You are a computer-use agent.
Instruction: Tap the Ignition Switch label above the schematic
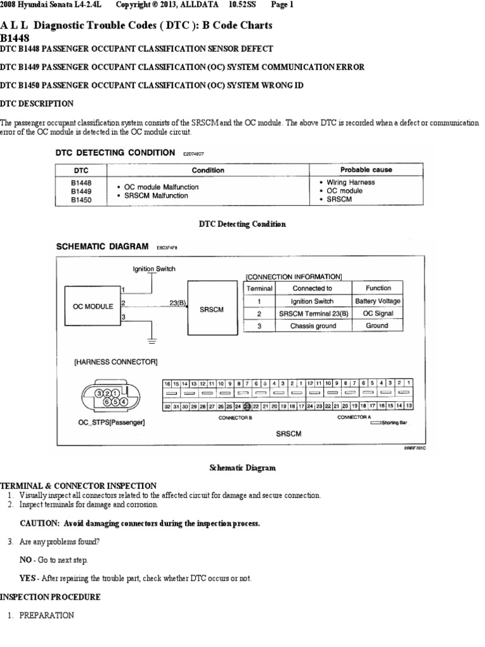click(x=154, y=269)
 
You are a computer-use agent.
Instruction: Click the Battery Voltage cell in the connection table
click(x=378, y=301)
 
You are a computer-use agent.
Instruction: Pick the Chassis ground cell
click(x=313, y=326)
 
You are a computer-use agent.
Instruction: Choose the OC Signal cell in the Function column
click(x=378, y=314)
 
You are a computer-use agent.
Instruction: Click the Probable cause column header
click(x=366, y=170)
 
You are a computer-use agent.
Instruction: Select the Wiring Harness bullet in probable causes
click(x=350, y=183)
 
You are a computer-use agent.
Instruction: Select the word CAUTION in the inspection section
click(x=39, y=524)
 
